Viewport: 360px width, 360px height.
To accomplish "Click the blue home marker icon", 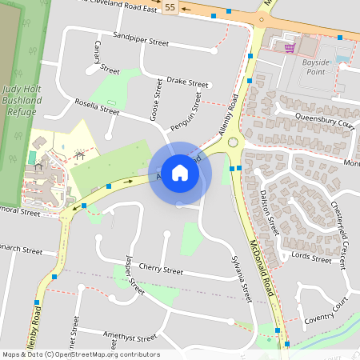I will point(180,173).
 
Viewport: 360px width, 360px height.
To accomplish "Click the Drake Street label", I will point(187,82).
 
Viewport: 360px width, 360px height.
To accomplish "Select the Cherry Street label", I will point(161,270).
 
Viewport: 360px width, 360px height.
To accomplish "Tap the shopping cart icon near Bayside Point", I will point(289,47).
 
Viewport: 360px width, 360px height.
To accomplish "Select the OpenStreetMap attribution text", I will point(81,354).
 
